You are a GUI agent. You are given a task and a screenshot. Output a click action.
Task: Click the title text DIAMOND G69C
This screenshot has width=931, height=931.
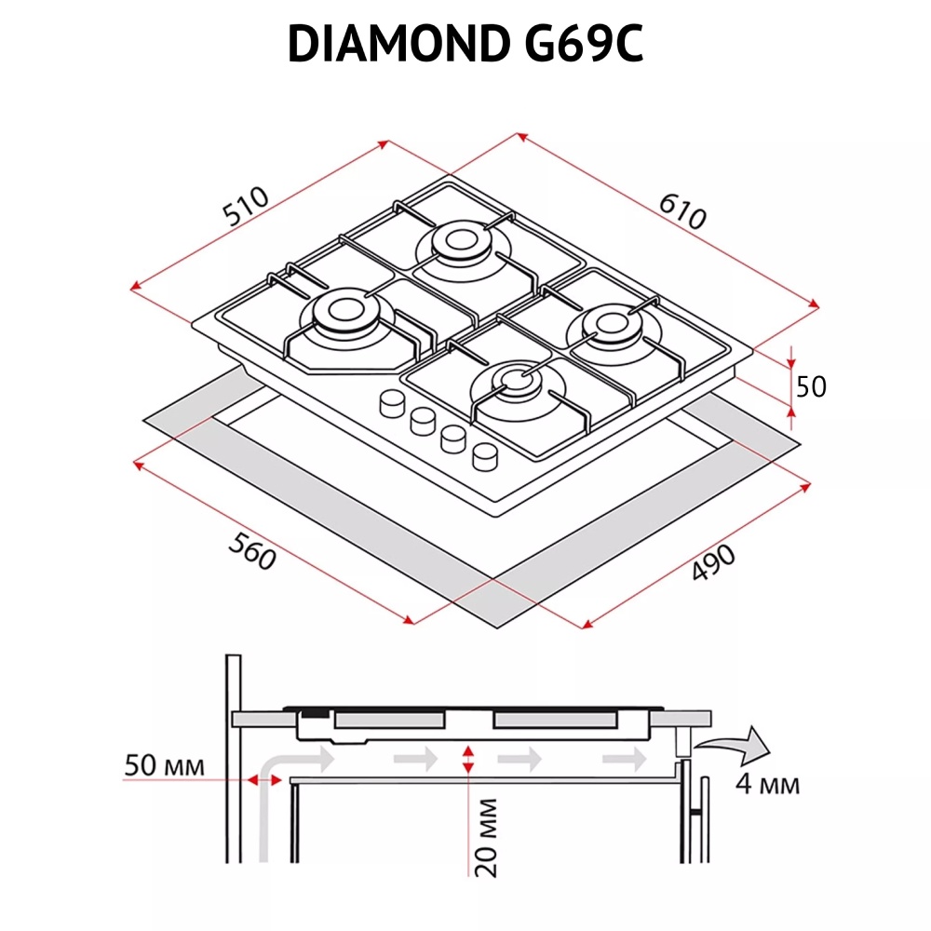[x=465, y=44]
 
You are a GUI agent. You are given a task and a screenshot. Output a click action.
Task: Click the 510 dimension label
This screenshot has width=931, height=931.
[x=247, y=208]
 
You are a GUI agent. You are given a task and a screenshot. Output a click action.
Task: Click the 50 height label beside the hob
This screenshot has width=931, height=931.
[x=812, y=385]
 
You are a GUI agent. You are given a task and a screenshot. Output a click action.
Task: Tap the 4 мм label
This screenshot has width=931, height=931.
[x=767, y=784]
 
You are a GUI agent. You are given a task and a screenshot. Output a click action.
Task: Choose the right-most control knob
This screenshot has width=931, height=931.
[x=484, y=455]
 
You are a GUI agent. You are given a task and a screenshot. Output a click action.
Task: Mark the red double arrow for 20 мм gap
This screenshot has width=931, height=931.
[x=468, y=759]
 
